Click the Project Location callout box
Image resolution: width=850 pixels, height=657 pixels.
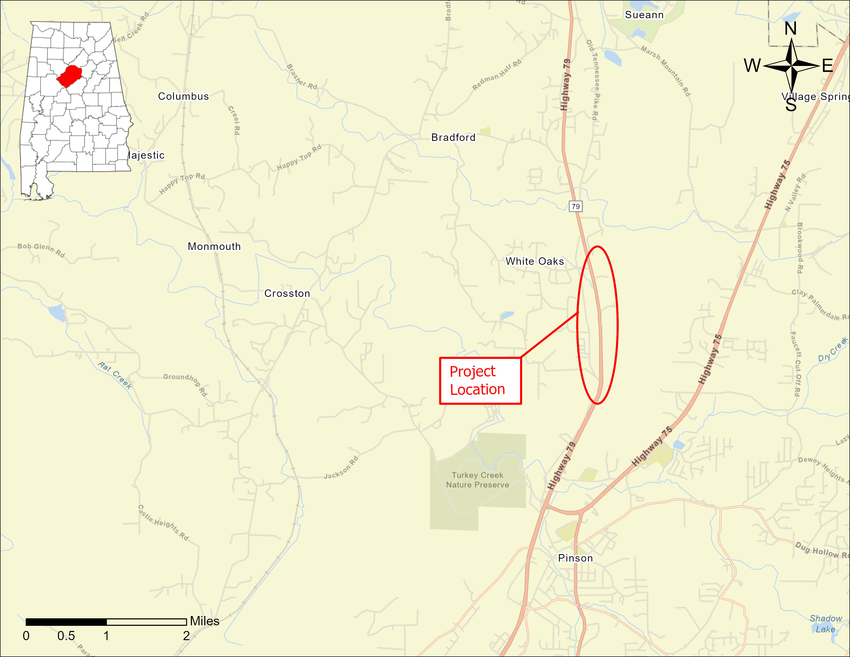coord(480,381)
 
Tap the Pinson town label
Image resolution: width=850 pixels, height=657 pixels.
coord(575,558)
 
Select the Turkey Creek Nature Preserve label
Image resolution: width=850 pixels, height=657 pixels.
coord(478,480)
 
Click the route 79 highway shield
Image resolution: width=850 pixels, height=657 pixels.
coord(576,206)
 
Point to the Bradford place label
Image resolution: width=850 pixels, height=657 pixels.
coord(453,137)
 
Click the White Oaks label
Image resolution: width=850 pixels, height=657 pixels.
coord(534,261)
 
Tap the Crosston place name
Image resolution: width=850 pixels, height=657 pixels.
coord(287,293)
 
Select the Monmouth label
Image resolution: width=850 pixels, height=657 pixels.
coord(214,246)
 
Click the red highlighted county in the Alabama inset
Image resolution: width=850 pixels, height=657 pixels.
coord(69,76)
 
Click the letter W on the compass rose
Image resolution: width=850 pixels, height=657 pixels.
coord(752,65)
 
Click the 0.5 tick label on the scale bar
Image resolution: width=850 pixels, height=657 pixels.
coord(66,636)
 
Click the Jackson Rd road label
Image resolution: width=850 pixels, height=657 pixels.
coord(341,467)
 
